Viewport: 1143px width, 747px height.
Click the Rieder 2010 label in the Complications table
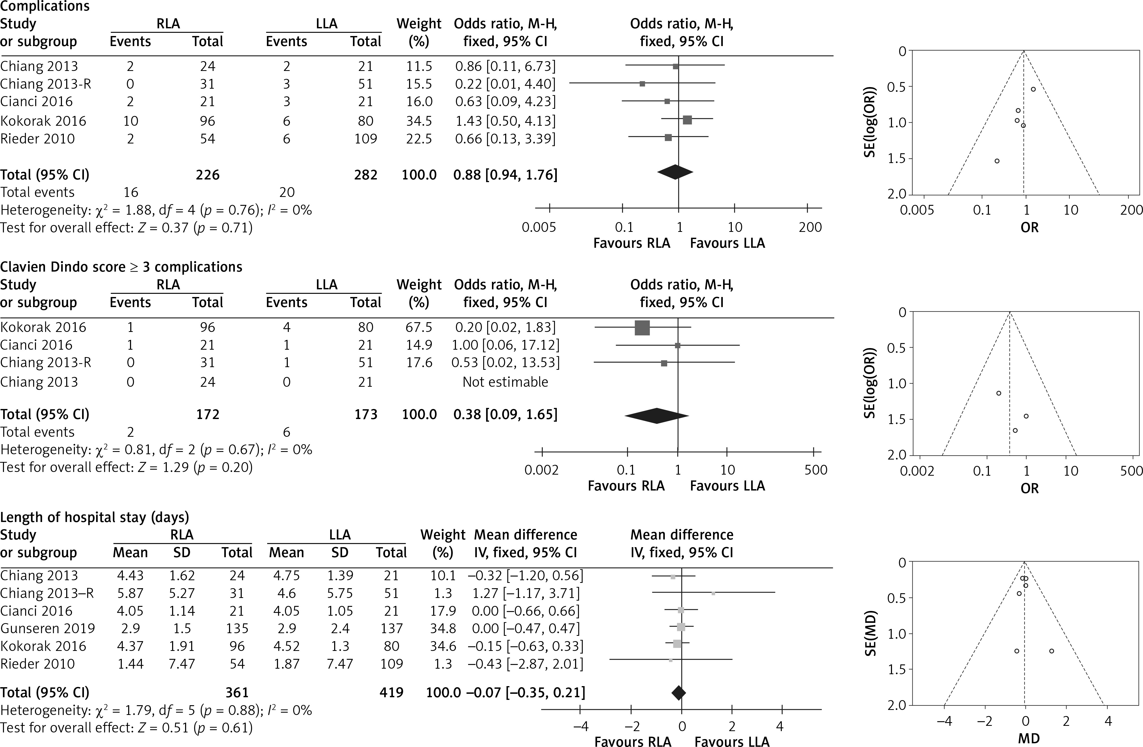[x=37, y=139]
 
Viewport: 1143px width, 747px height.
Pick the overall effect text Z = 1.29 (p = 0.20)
[x=126, y=467]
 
